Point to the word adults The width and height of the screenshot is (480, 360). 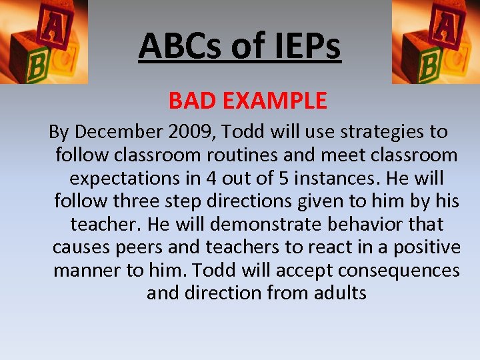click(337, 293)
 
